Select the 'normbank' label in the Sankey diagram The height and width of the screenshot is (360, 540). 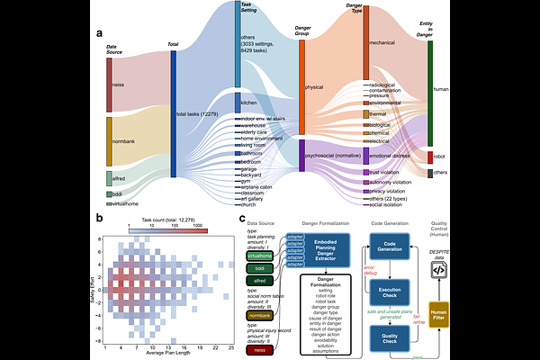pos(124,141)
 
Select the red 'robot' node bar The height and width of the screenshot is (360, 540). pos(429,157)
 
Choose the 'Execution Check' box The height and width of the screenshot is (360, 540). pos(388,292)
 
